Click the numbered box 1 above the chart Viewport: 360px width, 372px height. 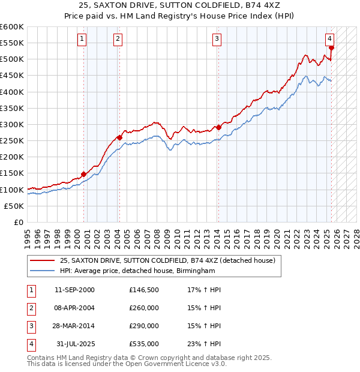pos(82,40)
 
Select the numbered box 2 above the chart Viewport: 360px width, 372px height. pos(118,40)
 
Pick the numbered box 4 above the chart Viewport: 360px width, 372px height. pos(330,40)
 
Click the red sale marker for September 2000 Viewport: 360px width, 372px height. pos(83,175)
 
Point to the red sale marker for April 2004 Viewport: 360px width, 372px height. pos(119,137)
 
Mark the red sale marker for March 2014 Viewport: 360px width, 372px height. pos(218,127)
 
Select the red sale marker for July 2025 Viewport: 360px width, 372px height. pos(332,48)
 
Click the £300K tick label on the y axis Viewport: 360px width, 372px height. pos(12,124)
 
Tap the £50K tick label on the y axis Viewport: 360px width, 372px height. pos(14,206)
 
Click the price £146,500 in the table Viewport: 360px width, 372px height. pos(144,290)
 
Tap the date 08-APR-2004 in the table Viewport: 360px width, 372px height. pos(74,308)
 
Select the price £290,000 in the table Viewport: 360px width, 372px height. pos(144,326)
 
